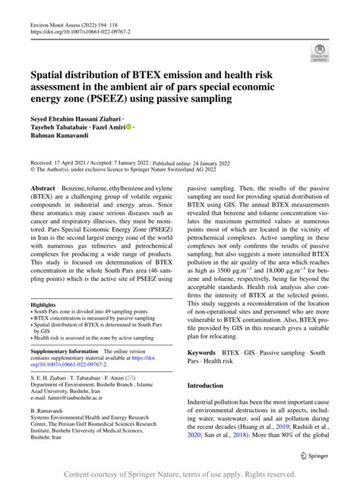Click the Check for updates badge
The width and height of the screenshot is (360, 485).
click(x=319, y=52)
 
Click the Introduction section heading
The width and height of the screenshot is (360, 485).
click(x=212, y=386)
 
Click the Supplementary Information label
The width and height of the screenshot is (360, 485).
click(x=63, y=351)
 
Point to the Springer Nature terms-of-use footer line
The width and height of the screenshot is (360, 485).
click(x=179, y=474)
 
